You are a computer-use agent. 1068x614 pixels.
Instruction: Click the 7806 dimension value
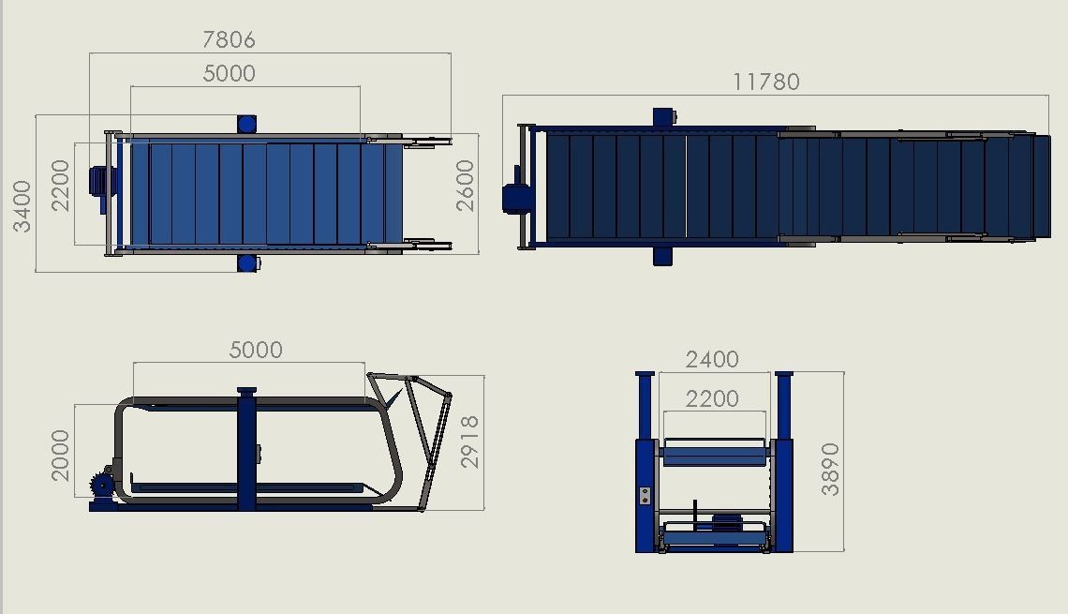tap(229, 39)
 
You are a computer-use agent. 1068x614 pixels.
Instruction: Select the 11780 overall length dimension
tap(766, 82)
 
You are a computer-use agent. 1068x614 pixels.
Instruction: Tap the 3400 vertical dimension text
tap(22, 206)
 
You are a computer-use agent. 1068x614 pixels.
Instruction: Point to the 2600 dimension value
tap(466, 185)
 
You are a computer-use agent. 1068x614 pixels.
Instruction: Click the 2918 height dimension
tap(470, 442)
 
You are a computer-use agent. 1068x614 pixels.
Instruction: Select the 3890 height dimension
tap(830, 469)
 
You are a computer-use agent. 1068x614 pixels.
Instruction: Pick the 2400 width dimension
tap(712, 359)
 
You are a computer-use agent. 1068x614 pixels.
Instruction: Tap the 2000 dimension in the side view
tap(60, 456)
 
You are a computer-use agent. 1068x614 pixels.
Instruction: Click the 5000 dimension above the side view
tap(256, 350)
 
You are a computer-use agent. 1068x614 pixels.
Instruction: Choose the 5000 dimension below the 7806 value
tap(229, 73)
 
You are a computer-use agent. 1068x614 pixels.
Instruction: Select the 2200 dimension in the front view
tap(712, 398)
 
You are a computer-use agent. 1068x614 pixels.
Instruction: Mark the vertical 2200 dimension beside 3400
tap(60, 186)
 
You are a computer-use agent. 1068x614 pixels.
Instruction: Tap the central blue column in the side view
tap(246, 450)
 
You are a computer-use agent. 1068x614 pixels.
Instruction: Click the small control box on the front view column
tap(645, 495)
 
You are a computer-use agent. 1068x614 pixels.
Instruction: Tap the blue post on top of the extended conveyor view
tap(663, 117)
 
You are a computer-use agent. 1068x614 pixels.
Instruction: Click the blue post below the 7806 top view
tap(247, 263)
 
